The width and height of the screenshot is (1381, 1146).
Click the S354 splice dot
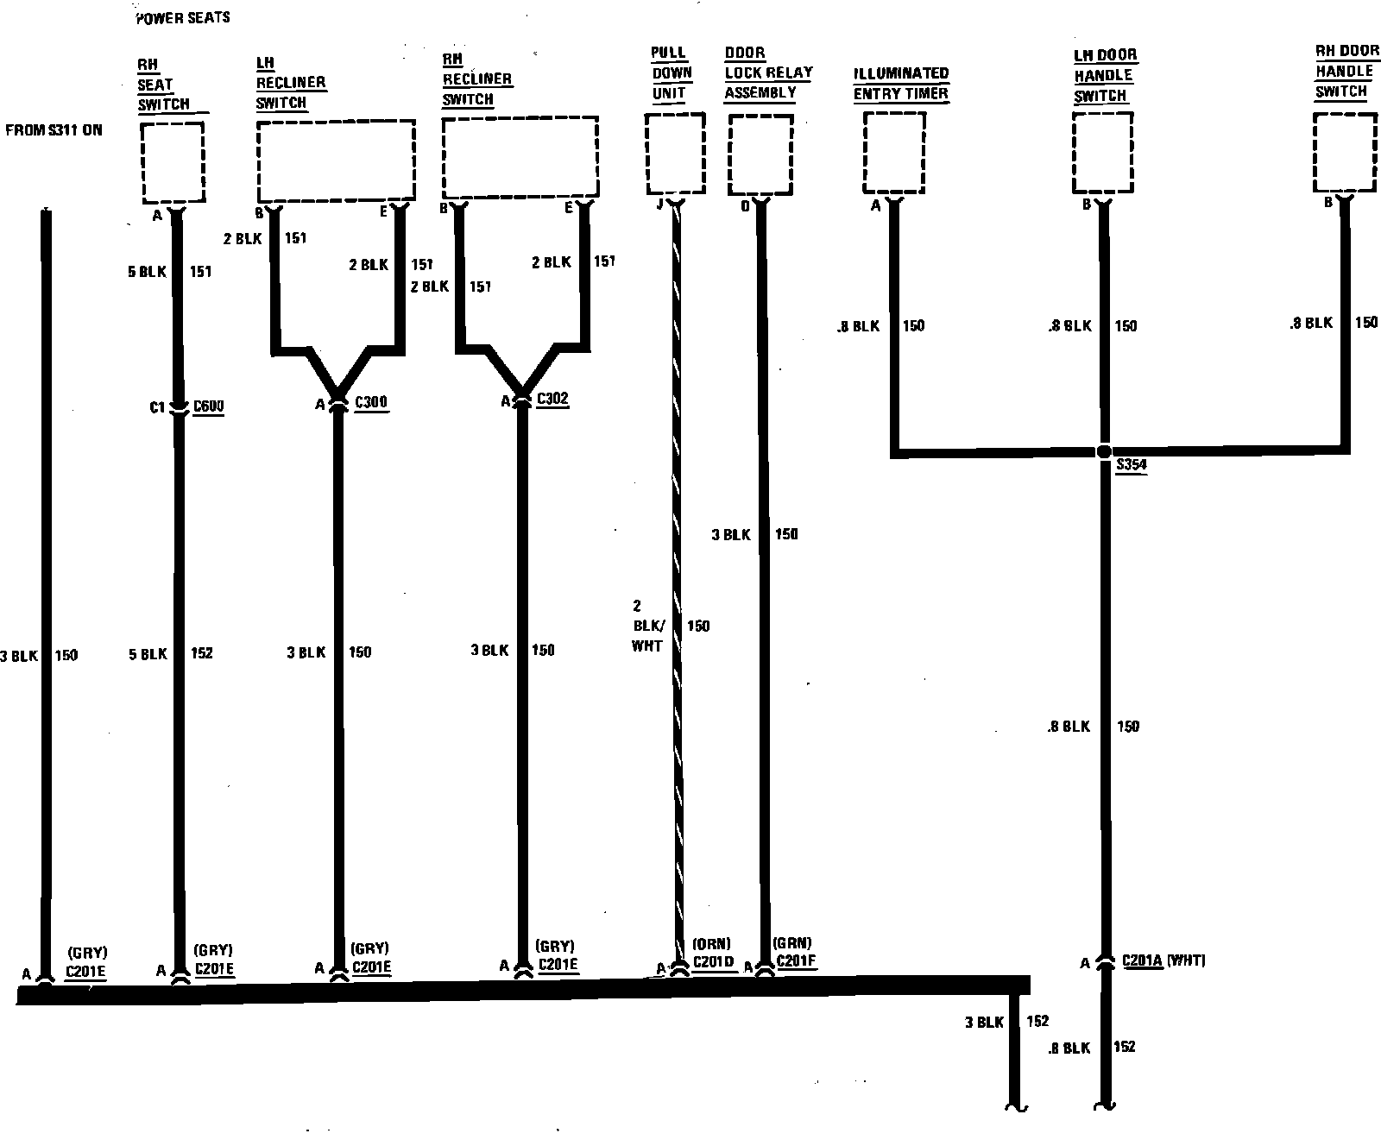click(x=1104, y=451)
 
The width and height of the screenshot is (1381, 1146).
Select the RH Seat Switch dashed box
click(x=173, y=161)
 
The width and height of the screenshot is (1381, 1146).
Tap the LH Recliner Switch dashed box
click(x=336, y=161)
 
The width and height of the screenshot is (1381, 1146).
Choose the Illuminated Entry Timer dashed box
click(x=894, y=153)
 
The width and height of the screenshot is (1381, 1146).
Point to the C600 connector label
click(x=209, y=406)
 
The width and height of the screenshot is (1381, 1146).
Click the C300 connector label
click(x=371, y=402)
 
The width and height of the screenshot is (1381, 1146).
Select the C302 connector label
click(x=552, y=399)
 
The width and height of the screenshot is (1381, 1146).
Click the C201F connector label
click(x=796, y=961)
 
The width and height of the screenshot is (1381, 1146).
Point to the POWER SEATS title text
click(x=183, y=18)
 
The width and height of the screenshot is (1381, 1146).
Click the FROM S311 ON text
click(x=54, y=130)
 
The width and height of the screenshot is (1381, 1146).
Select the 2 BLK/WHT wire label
click(x=647, y=626)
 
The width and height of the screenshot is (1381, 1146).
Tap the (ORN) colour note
click(x=711, y=943)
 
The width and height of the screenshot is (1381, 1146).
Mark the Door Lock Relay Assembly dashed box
click(x=760, y=154)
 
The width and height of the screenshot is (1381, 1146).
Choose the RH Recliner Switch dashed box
click(x=520, y=158)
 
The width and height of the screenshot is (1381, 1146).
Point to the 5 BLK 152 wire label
click(x=171, y=653)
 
